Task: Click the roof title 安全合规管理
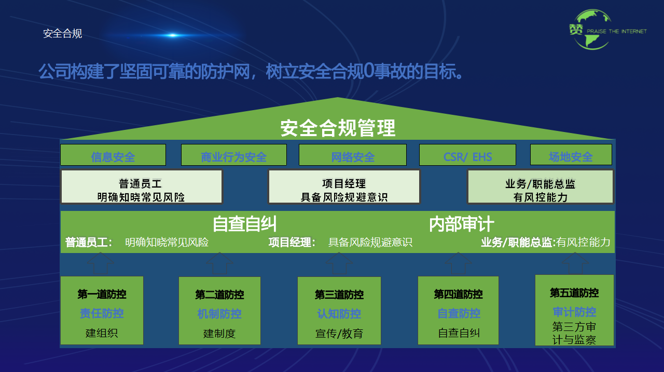click(338, 128)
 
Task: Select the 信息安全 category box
click(113, 155)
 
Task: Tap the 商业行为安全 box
click(234, 155)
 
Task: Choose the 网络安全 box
click(353, 155)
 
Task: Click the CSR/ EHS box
click(467, 155)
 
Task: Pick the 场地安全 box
click(571, 155)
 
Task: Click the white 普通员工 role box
click(142, 187)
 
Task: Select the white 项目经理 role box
click(344, 187)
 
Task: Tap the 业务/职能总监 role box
click(540, 187)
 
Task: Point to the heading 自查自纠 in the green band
click(244, 224)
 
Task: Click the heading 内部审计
click(461, 224)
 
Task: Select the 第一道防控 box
click(102, 310)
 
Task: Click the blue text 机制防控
click(219, 314)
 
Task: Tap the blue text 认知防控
click(339, 314)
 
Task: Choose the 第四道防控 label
click(458, 295)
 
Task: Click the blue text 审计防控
click(574, 312)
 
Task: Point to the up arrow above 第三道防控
click(339, 263)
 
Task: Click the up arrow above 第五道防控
click(575, 263)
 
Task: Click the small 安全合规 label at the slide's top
click(62, 34)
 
